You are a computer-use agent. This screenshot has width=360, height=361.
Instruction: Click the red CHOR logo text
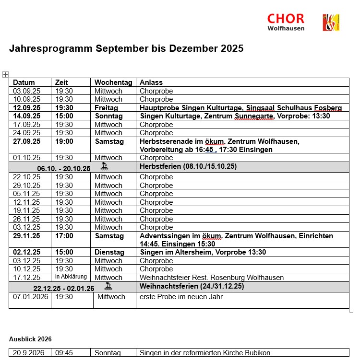point(286,19)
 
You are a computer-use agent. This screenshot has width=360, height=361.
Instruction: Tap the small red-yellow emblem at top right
point(331,23)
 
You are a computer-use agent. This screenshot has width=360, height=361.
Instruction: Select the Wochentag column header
point(113,82)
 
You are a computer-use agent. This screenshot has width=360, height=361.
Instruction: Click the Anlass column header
point(151,82)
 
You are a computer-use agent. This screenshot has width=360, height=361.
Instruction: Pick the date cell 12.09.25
point(27,108)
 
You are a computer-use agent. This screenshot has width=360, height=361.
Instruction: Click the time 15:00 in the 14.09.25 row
point(64,116)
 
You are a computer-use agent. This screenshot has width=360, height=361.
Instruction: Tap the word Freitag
point(107,108)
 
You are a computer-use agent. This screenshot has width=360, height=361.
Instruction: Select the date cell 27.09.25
point(27,141)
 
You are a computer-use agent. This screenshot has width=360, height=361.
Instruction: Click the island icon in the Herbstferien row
point(104,167)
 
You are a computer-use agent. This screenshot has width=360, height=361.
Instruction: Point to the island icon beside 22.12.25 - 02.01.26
point(108,287)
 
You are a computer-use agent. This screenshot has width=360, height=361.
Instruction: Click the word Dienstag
point(109,252)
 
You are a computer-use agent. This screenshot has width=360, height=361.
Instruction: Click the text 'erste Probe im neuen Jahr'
point(181,297)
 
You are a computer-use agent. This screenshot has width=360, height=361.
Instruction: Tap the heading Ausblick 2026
point(30,339)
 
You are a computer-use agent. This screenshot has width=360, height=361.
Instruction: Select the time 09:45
point(64,353)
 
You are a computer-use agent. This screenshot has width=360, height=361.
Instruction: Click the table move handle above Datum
point(5,74)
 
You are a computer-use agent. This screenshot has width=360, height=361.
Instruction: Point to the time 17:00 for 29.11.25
point(64,236)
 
